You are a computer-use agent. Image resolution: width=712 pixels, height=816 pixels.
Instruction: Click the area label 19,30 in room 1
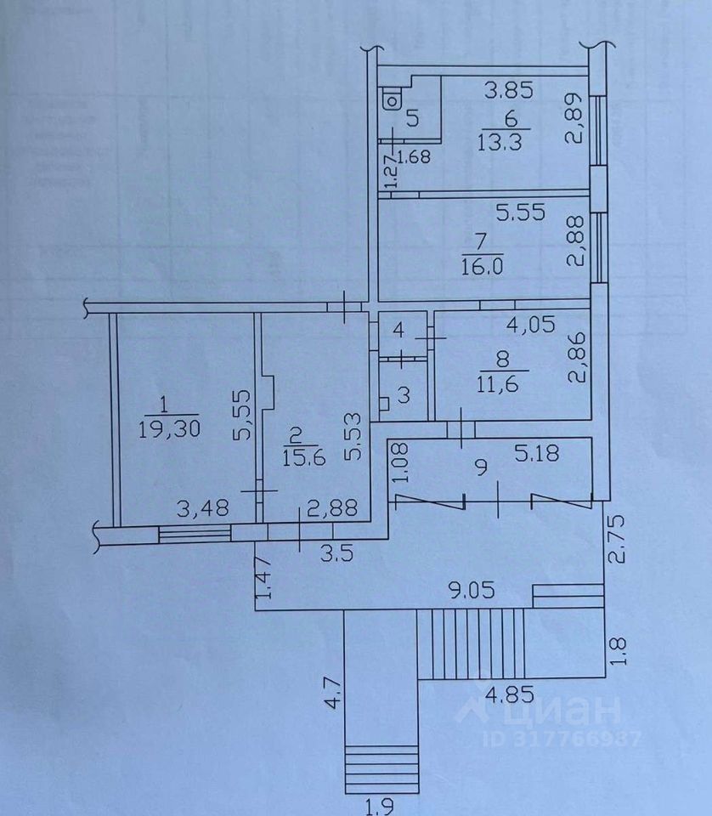[x=167, y=429]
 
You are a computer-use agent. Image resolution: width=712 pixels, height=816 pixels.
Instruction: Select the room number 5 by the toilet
[x=412, y=118]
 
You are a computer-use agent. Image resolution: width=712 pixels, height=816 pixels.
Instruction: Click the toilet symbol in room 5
[x=393, y=100]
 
